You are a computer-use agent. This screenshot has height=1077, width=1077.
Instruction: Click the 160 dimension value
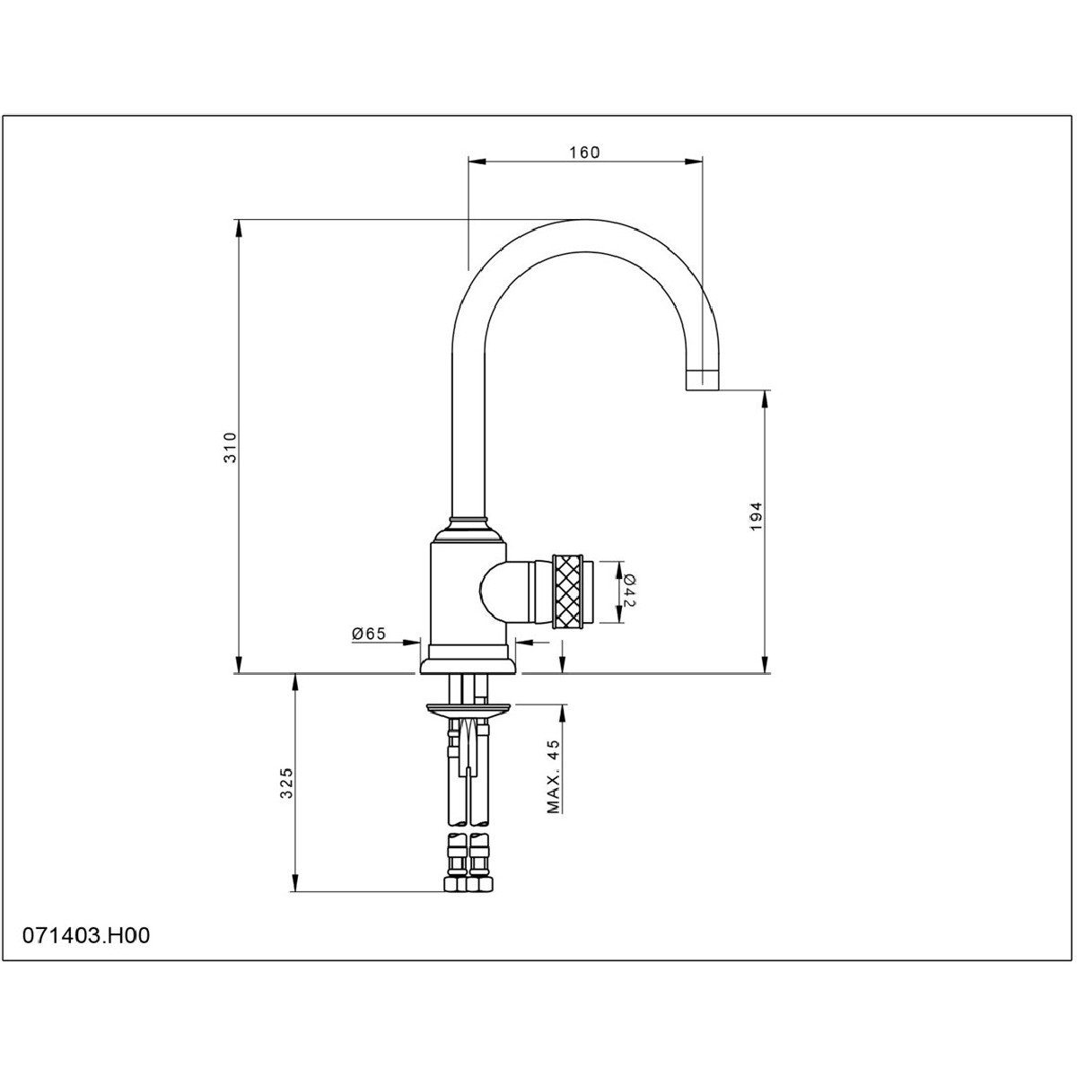tap(584, 152)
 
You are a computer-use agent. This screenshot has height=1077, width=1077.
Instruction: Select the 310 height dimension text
tap(231, 447)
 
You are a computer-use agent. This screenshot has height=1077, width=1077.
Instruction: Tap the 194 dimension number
tap(756, 516)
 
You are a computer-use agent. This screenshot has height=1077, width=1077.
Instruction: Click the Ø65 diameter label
tap(369, 634)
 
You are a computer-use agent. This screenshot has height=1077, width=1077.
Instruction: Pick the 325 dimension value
tap(285, 783)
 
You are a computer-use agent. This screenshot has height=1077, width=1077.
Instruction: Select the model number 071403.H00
tap(86, 935)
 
